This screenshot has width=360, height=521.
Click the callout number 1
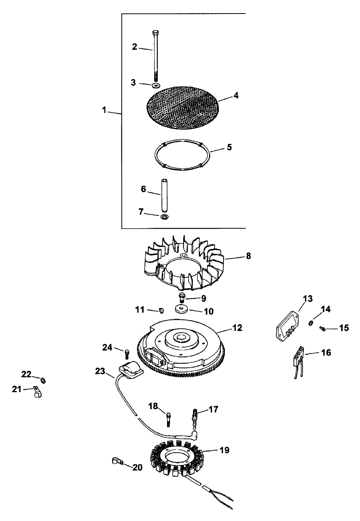coord(104,110)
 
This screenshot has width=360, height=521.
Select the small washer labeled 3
coord(156,85)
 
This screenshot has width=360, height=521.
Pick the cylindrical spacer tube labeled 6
coord(165,195)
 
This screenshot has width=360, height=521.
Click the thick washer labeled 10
coord(182,309)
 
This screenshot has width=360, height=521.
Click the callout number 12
coord(237,328)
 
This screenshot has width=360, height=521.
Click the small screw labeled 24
coord(127,353)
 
